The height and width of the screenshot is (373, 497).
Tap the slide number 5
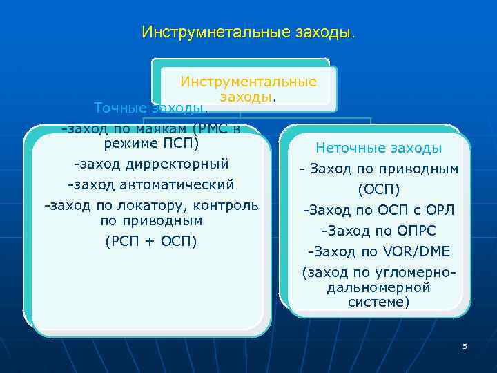click(465, 346)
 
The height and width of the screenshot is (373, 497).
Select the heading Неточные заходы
click(378, 148)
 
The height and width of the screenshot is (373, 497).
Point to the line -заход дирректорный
click(150, 164)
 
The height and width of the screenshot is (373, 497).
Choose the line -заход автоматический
click(150, 185)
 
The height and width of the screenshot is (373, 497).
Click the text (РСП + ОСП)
click(150, 241)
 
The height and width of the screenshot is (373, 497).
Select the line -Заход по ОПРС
click(378, 231)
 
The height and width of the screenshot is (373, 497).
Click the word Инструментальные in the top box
click(248, 82)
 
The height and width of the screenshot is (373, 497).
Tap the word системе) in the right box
click(378, 302)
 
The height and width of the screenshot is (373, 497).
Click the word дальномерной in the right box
click(378, 287)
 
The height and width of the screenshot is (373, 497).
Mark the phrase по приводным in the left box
click(150, 221)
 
